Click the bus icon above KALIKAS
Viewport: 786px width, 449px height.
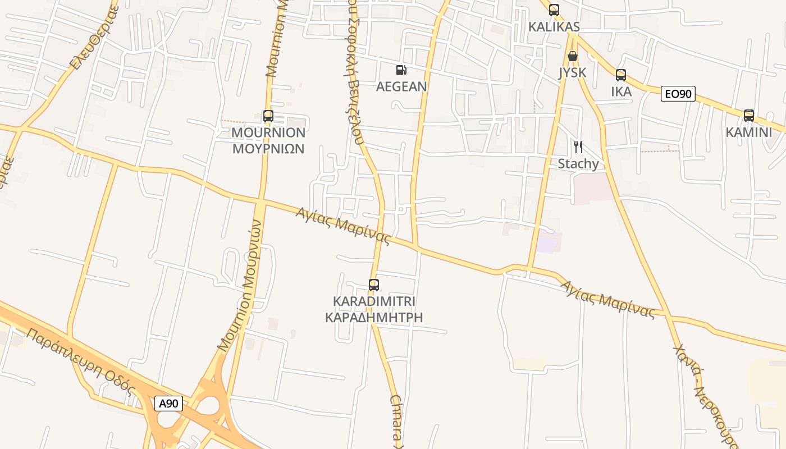tap(554, 10)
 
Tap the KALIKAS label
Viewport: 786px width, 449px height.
tap(554, 27)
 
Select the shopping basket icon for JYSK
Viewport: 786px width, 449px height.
tap(572, 56)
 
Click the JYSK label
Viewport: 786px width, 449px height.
tap(572, 72)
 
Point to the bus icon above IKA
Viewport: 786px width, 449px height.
tap(620, 75)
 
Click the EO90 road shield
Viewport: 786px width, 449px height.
tap(678, 94)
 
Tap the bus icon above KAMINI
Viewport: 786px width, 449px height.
tap(748, 116)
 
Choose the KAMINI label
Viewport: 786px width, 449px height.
tap(748, 132)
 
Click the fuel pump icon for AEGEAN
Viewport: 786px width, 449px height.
tap(401, 70)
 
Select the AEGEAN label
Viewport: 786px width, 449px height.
tap(401, 86)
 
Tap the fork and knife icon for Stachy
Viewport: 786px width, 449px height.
tap(578, 147)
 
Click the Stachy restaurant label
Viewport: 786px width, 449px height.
tap(578, 164)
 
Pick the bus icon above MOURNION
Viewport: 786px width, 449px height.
tap(268, 116)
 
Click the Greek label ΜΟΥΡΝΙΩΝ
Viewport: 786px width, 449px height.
tap(268, 149)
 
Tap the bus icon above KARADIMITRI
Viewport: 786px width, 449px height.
tap(374, 285)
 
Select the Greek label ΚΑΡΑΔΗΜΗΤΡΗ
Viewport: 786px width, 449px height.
tap(374, 318)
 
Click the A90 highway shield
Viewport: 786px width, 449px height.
tap(168, 403)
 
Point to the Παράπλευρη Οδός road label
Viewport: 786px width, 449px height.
tap(81, 361)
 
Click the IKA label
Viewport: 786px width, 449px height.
tap(621, 91)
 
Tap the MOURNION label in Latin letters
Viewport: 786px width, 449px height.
tap(268, 132)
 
